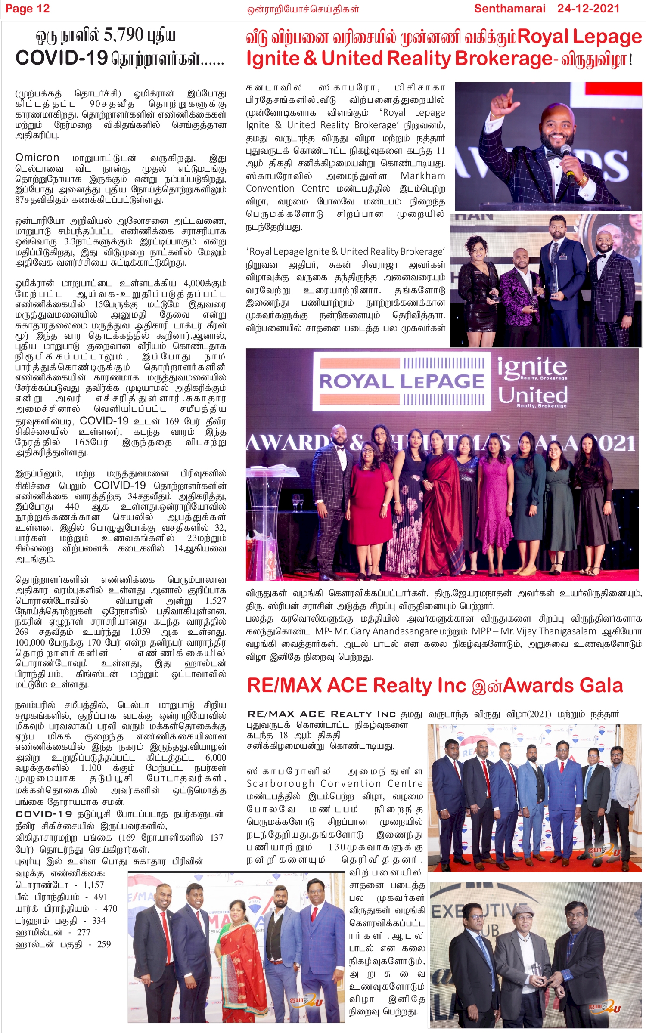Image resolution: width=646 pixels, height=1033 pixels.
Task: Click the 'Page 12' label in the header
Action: click(27, 9)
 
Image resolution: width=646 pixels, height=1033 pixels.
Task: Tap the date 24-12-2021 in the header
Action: click(588, 9)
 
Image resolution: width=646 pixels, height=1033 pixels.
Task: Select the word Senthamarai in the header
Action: click(509, 9)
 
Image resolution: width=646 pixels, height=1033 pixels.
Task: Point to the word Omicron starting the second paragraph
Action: click(37, 158)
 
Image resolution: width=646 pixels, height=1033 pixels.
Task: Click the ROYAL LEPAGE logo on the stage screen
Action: click(401, 381)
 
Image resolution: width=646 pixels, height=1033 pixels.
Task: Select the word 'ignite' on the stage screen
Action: click(532, 368)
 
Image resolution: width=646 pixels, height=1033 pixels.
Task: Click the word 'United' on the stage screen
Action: click(533, 395)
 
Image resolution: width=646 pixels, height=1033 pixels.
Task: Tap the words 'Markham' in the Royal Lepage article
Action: click(422, 176)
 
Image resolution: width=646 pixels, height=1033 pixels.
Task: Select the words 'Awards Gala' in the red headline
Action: click(563, 686)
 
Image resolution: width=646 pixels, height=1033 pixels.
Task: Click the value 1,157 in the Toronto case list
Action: click(93, 885)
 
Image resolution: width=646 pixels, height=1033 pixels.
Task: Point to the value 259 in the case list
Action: click(104, 944)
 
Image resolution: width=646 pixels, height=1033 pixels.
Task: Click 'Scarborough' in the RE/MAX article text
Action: click(280, 783)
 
